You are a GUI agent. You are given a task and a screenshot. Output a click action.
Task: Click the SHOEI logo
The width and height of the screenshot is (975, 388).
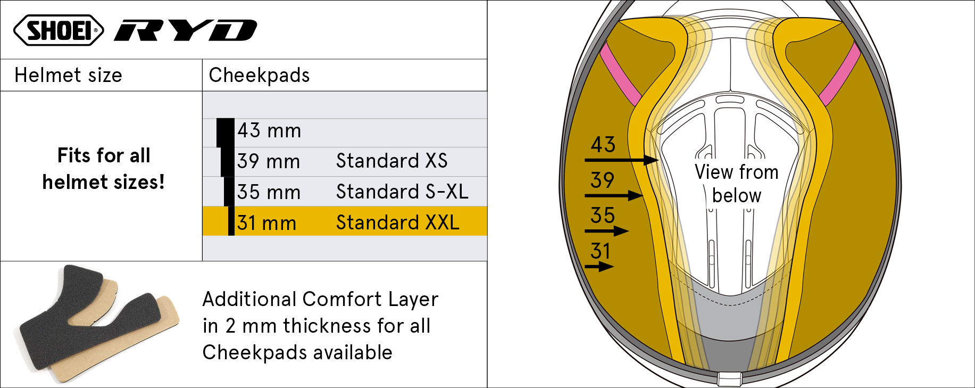tap(59, 30)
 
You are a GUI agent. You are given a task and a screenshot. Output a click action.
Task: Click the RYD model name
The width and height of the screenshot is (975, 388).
tap(186, 30)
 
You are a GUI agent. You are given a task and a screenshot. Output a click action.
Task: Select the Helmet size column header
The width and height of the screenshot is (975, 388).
tap(68, 75)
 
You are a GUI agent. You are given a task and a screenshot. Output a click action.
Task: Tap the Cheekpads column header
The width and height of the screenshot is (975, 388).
tap(259, 75)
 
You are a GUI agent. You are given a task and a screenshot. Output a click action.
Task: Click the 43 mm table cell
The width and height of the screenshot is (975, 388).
tap(269, 131)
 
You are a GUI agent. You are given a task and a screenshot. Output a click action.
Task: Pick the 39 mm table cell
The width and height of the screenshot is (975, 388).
tap(269, 161)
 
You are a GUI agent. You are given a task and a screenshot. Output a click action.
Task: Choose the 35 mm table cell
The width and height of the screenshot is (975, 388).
tap(269, 192)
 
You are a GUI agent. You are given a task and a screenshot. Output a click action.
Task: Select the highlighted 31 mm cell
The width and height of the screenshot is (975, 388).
tap(266, 223)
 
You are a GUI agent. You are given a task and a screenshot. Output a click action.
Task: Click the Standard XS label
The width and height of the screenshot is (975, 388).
tap(391, 161)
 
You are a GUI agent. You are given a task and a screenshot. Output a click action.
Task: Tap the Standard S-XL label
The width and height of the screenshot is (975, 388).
tap(402, 192)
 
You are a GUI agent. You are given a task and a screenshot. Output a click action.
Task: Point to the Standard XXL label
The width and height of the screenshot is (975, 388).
tap(397, 222)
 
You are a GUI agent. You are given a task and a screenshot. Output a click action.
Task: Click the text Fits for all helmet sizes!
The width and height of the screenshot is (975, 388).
tap(103, 169)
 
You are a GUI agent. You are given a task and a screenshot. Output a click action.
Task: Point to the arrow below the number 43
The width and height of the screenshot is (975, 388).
tap(621, 160)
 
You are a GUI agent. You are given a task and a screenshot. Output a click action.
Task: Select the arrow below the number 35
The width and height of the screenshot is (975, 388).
tap(606, 231)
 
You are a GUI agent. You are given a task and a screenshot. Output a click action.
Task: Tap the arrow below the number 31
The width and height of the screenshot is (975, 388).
tap(599, 266)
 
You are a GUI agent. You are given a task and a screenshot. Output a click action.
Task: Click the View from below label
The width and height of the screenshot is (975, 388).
tap(736, 184)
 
